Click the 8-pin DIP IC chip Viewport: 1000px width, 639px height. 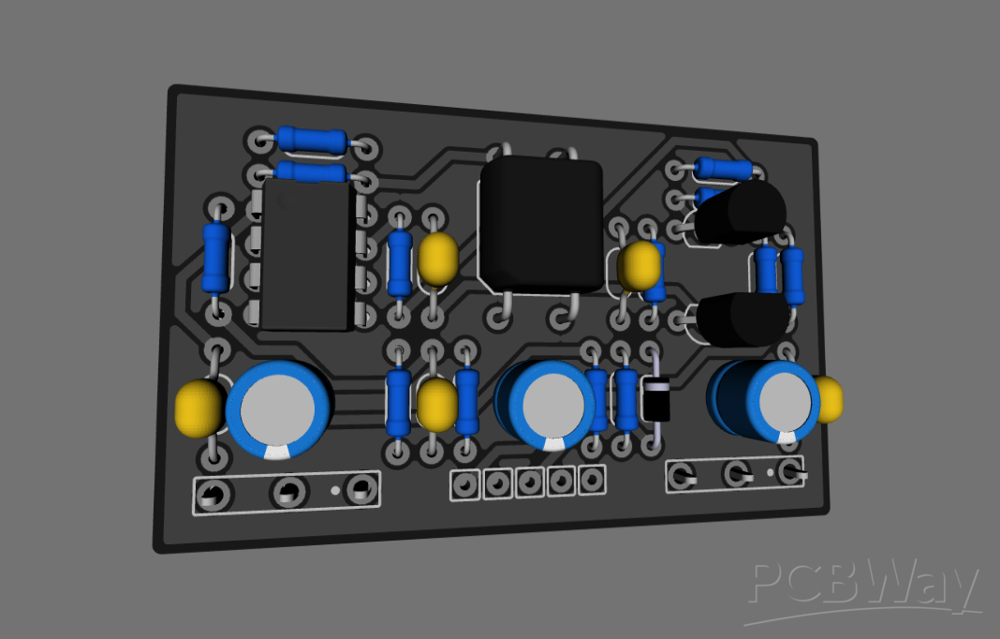point(306,255)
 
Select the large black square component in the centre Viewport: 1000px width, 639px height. point(540,225)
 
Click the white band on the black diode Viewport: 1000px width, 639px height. point(655,388)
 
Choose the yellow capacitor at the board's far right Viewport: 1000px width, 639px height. point(829,398)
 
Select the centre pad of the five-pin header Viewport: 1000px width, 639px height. point(529,483)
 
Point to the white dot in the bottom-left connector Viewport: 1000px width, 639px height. point(334,490)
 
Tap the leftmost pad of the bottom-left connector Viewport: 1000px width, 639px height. point(213,496)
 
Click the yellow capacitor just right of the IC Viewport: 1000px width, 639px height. point(437,259)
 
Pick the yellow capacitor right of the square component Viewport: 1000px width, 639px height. point(640,266)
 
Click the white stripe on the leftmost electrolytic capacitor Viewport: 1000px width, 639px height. point(278,453)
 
